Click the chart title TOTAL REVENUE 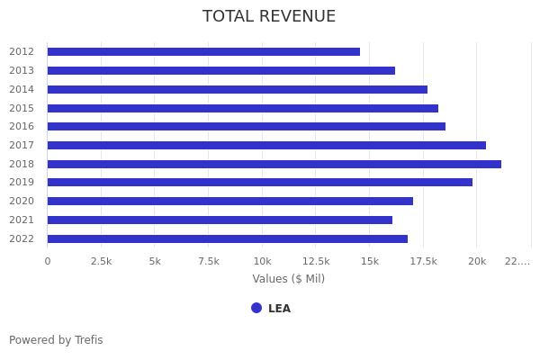269,17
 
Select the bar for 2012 203,52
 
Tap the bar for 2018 274,164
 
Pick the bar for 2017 266,145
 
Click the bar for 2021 220,220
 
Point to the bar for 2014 238,89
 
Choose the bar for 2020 230,201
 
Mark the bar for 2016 247,127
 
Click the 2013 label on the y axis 22,70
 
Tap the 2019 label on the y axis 22,183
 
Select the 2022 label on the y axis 22,238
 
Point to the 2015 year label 22,108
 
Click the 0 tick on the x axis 48,261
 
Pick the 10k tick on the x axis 262,261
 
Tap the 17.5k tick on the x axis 423,261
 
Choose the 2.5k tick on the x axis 101,261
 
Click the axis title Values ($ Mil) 288,279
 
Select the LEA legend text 279,309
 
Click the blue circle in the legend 256,308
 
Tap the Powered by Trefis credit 56,340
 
